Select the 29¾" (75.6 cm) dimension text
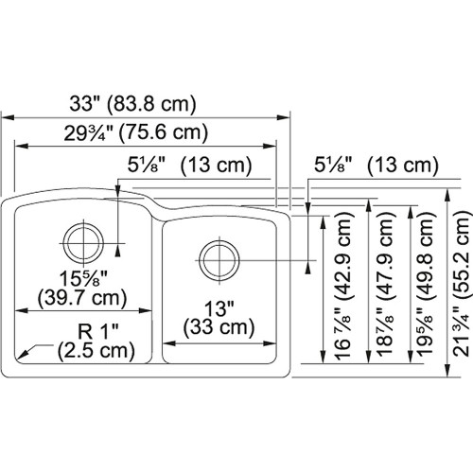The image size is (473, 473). point(144,132)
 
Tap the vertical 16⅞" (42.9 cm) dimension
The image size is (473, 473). point(340,287)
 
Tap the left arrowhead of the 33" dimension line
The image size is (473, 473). point(9,117)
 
